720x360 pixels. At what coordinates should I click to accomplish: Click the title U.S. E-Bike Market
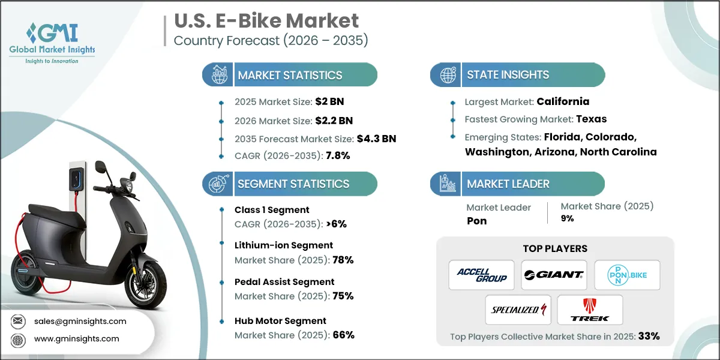click(266, 20)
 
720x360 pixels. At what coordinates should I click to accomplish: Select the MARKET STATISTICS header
click(290, 75)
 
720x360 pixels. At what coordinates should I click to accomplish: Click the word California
click(563, 101)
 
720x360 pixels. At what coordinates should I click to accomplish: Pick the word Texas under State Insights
click(592, 118)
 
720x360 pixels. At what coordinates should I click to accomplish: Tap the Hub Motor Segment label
click(280, 321)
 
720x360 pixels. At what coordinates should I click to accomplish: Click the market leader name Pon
click(476, 221)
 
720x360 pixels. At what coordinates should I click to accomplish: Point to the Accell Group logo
click(481, 275)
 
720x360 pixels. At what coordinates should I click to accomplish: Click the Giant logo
click(553, 275)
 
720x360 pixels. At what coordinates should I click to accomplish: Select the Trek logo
click(590, 310)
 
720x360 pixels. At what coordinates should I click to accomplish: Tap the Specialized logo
click(518, 310)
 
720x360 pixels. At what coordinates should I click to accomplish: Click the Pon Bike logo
click(626, 275)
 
